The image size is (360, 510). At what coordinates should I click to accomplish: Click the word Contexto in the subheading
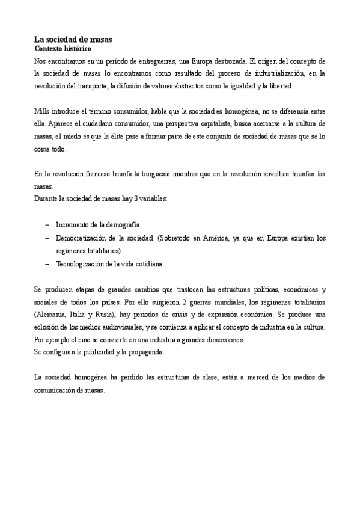click(49, 48)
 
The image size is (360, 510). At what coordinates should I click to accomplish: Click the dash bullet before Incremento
click(47, 224)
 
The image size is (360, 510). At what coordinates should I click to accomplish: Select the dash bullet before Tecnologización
click(47, 263)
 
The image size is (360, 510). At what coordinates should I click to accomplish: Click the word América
click(225, 238)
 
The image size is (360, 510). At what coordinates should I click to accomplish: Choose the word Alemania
click(53, 314)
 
